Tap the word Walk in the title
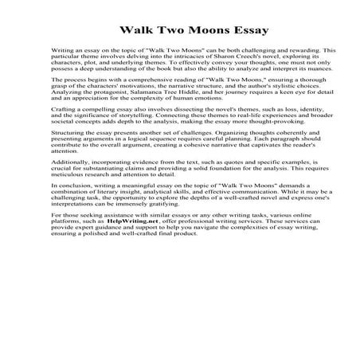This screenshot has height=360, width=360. (x=138, y=31)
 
